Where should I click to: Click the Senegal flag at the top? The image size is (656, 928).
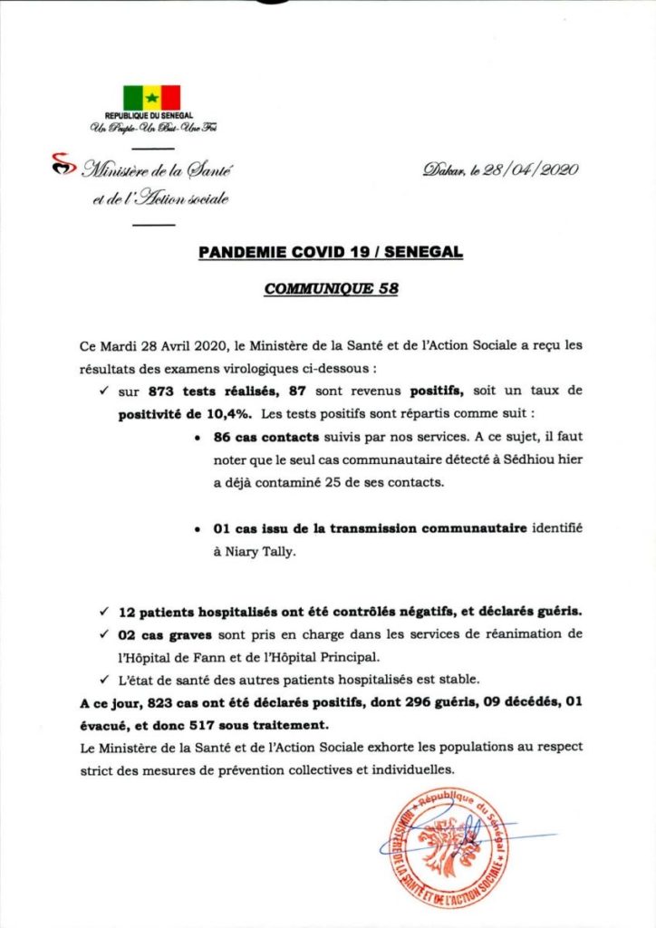151,97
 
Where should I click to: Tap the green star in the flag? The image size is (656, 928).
151,97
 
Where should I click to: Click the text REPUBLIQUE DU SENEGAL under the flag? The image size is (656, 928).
151,116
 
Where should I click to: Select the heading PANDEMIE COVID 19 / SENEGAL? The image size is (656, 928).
331,253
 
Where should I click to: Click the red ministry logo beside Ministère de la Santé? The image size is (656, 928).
62,165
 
